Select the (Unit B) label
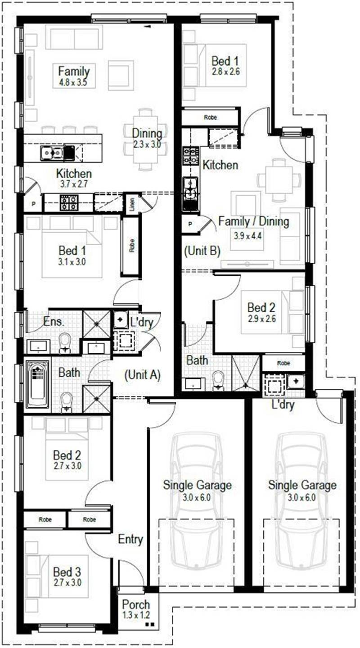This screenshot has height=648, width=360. point(202,251)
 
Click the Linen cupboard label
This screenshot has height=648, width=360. point(132,204)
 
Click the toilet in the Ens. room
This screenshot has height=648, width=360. point(65,343)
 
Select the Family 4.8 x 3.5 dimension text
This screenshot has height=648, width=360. point(73,83)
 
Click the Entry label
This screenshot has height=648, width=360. point(130,540)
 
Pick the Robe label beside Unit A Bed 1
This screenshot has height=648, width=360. point(132,245)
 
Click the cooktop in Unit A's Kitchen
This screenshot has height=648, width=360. point(69,202)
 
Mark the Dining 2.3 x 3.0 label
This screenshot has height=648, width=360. point(147,139)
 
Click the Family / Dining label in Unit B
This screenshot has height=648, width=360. point(253,221)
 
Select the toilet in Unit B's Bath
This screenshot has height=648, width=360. point(218,380)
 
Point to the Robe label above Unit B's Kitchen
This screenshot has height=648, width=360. point(211,117)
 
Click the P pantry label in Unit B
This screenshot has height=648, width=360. point(190,224)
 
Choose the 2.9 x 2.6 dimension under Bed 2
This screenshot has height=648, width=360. point(261,319)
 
